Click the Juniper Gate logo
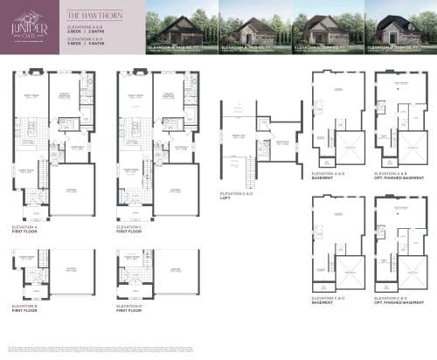[x=29, y=30]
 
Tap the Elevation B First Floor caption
[x=27, y=308]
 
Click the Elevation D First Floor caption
[x=132, y=308]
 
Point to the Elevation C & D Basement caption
[x=328, y=300]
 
